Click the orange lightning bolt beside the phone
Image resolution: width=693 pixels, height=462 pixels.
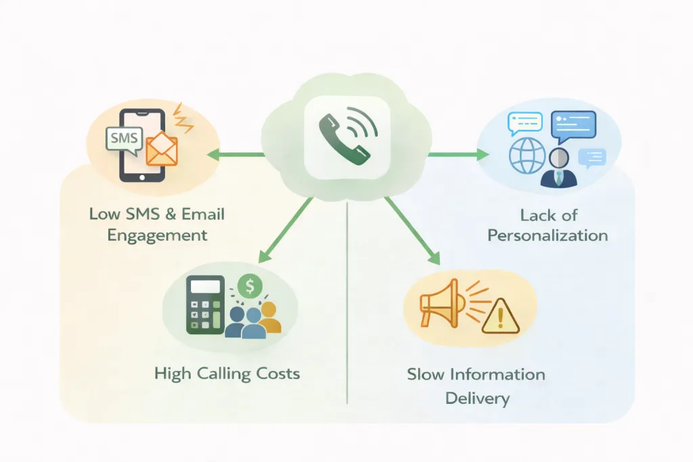tap(183, 118)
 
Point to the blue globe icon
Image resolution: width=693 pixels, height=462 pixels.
tap(527, 156)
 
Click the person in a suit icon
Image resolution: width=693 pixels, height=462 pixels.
tap(559, 168)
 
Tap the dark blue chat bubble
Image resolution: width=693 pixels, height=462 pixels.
tap(574, 126)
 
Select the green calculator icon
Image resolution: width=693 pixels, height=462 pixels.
tap(205, 305)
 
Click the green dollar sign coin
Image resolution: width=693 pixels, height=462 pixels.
tap(250, 285)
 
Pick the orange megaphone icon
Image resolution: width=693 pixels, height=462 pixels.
tap(442, 303)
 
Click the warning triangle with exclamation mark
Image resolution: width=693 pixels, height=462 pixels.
tap(500, 317)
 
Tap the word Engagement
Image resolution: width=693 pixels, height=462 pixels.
tap(157, 235)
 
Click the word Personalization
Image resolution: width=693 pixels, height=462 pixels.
tap(547, 235)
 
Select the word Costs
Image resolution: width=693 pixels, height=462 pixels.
tap(272, 373)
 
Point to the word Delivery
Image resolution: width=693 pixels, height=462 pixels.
tap(477, 398)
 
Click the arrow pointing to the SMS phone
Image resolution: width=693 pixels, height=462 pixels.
tap(236, 155)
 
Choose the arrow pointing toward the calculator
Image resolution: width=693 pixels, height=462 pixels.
tap(286, 230)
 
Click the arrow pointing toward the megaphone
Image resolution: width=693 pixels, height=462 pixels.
tap(412, 231)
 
